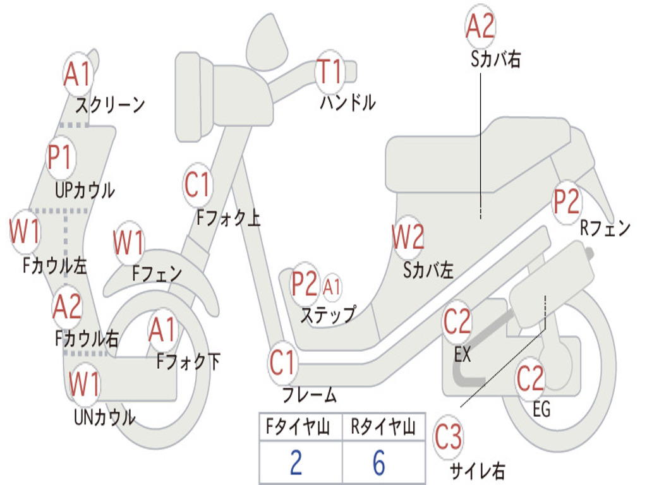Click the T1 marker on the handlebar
coord(329,71)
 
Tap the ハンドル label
coord(348,102)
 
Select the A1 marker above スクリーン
coord(78,75)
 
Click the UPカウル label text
coord(85,189)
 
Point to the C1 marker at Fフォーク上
coord(198,185)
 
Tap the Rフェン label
coord(605,228)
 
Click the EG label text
coord(541,409)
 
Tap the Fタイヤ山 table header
coord(300,428)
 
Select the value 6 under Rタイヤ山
coord(378,463)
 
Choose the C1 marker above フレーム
coord(282,362)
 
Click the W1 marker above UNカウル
coord(84,383)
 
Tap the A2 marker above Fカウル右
coord(66,307)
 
